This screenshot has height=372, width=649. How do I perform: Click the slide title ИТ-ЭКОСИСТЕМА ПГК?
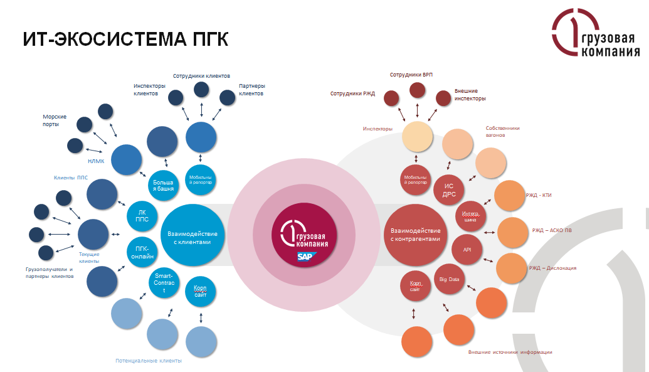(125, 38)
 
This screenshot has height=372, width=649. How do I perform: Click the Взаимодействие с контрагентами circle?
(416, 235)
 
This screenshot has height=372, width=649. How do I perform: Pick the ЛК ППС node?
(141, 216)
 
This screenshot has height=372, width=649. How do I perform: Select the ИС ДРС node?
(449, 190)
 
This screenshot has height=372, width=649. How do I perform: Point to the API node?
(467, 249)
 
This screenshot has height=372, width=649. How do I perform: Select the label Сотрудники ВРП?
(411, 75)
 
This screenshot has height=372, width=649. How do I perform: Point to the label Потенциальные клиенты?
(149, 361)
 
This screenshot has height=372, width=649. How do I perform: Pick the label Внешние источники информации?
(510, 352)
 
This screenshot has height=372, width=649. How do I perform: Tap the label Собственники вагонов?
(503, 132)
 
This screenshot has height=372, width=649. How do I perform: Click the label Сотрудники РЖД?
(352, 94)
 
